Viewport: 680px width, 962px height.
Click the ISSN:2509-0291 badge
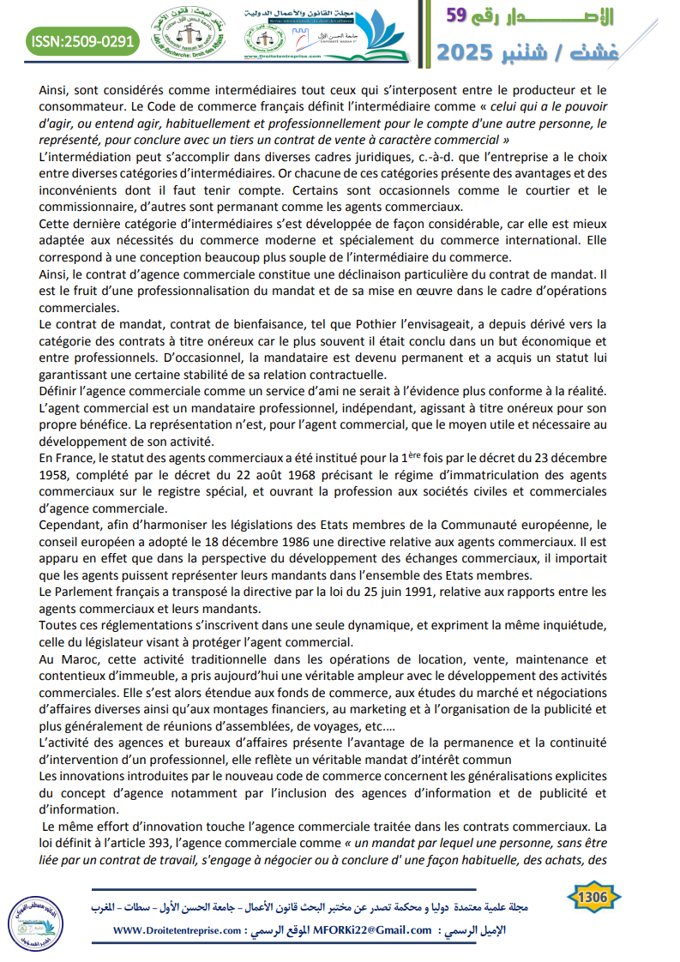tap(83, 40)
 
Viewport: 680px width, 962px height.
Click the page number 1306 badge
tap(594, 897)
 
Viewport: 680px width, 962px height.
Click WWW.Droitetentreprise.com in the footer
tap(168, 929)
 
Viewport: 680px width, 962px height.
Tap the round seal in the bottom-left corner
tap(31, 920)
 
